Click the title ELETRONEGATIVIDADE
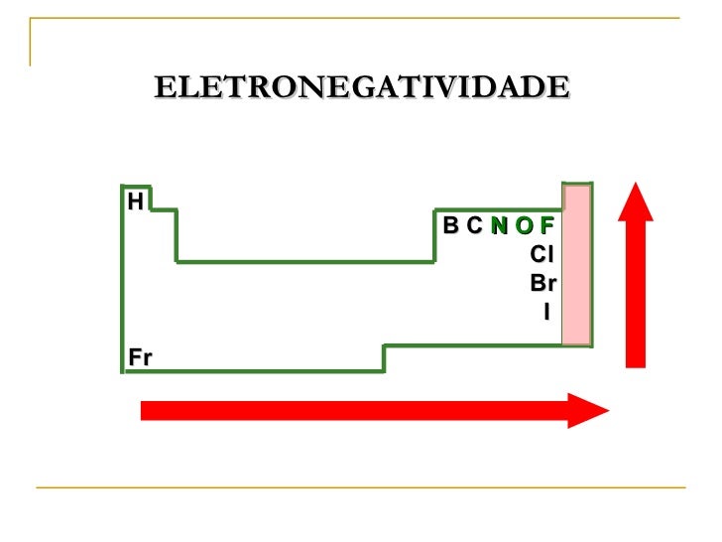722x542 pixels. pyautogui.click(x=361, y=87)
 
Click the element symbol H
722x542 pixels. pyautogui.click(x=134, y=202)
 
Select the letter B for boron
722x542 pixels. pyautogui.click(x=451, y=226)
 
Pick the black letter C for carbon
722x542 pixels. pyautogui.click(x=474, y=226)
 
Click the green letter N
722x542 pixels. pyautogui.click(x=499, y=226)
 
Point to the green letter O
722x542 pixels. pyautogui.click(x=524, y=226)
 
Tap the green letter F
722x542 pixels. pyautogui.click(x=546, y=226)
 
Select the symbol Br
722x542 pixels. pyautogui.click(x=542, y=284)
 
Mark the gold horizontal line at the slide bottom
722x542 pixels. pyautogui.click(x=361, y=487)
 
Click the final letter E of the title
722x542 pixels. pyautogui.click(x=560, y=87)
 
